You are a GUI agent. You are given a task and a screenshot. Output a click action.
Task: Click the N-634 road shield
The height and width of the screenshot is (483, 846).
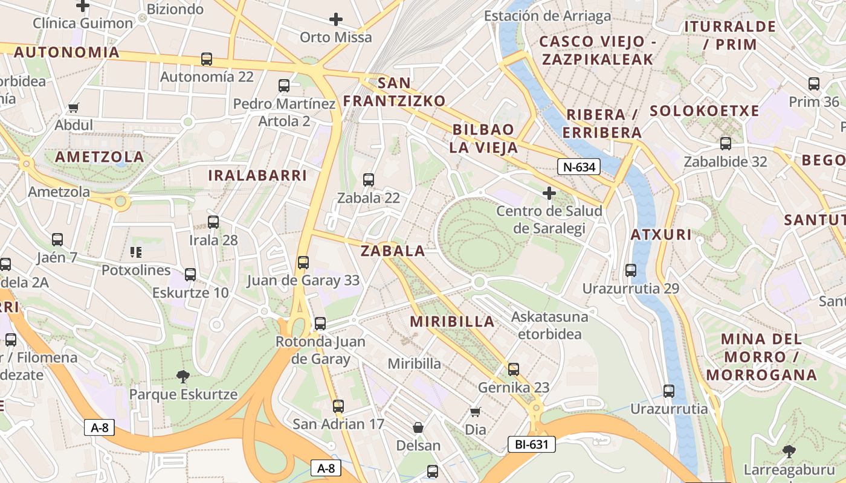coord(578,167)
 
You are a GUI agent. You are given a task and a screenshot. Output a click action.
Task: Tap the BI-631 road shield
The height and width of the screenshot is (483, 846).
coord(531,445)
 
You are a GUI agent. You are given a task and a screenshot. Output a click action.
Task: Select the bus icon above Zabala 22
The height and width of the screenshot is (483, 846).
coord(368,179)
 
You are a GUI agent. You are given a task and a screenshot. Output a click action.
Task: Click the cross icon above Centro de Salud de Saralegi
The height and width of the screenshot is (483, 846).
coord(549,193)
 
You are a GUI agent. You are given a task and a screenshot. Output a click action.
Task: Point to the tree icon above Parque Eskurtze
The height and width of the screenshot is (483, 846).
coord(183,377)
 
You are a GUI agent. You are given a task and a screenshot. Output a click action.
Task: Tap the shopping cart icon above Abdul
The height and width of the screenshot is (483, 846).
coord(74,107)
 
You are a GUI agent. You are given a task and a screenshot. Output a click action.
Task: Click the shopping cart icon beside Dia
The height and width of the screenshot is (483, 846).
coord(476,412)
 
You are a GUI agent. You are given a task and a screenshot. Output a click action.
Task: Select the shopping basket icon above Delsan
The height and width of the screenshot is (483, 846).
coord(418,428)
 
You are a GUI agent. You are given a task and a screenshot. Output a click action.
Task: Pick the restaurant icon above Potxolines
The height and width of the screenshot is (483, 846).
coord(136,252)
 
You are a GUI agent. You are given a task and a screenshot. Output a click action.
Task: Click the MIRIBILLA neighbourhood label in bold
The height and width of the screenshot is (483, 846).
coord(453,322)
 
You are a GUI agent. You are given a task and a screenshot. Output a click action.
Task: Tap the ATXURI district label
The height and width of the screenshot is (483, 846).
coord(661,235)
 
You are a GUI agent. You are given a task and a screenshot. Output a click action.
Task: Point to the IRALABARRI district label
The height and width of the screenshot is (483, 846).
coord(257,176)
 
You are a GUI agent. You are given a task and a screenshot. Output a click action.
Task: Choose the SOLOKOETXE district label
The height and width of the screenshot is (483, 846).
coord(704,111)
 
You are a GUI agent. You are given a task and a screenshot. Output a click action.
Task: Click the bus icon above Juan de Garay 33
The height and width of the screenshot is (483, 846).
coord(303,263)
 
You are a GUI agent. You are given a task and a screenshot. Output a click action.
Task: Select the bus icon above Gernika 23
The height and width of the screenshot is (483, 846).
coord(514,369)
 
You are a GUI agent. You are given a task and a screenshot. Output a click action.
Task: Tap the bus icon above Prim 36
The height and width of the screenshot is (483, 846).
coord(814,84)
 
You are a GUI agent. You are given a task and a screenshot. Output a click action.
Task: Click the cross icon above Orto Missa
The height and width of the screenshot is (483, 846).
coord(336,19)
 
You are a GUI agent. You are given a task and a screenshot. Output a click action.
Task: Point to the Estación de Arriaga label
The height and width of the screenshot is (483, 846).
coord(547,16)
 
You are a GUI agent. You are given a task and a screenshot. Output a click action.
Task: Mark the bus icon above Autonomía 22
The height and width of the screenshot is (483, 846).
coord(207,59)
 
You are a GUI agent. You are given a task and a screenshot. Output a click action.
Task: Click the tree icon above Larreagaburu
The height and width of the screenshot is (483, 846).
coord(789,451)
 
